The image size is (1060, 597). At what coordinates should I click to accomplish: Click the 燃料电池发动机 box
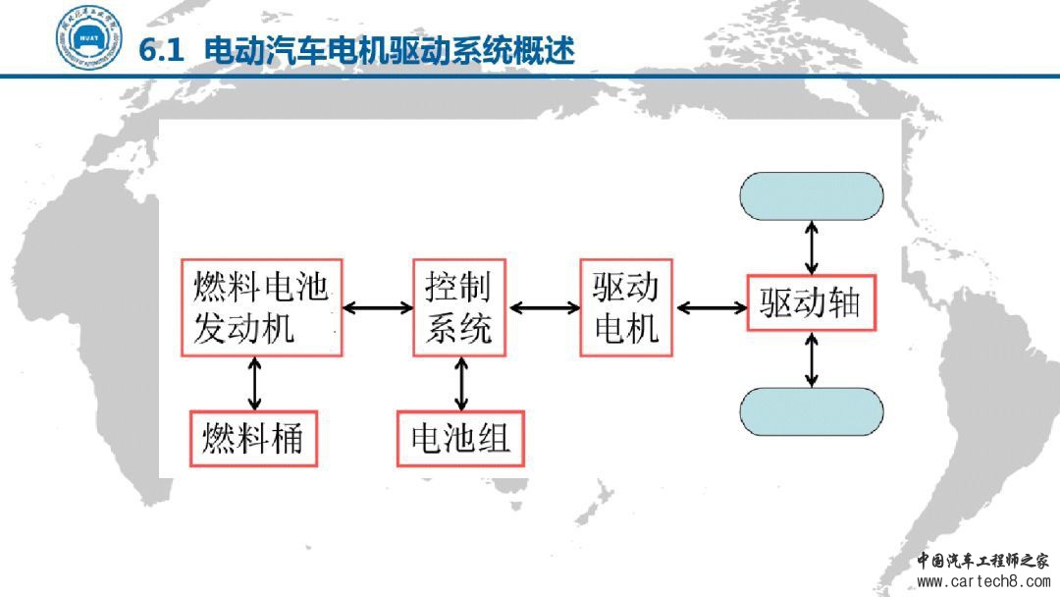[x=260, y=307]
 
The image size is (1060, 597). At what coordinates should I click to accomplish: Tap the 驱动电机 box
[x=626, y=307]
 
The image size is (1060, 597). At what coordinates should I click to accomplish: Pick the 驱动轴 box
[x=811, y=301]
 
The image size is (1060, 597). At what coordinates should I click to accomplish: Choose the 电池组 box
[x=460, y=437]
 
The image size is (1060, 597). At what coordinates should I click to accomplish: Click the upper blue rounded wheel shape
[x=812, y=196]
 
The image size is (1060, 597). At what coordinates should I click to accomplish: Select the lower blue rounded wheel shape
[x=812, y=411]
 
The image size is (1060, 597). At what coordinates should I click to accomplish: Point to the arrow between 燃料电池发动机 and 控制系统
[x=378, y=307]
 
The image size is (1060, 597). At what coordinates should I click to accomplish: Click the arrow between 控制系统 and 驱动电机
[x=545, y=307]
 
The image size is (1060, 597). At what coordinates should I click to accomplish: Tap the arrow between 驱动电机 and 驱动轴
[x=712, y=307]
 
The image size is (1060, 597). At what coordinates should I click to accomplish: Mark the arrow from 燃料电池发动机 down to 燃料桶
[x=255, y=383]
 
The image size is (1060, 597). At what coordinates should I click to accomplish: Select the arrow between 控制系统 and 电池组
[x=460, y=383]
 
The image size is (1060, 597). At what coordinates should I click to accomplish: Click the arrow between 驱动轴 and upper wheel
[x=811, y=247]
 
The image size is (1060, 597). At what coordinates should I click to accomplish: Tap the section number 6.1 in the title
[x=163, y=51]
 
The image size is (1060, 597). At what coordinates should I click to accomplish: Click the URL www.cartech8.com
[x=982, y=581]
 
